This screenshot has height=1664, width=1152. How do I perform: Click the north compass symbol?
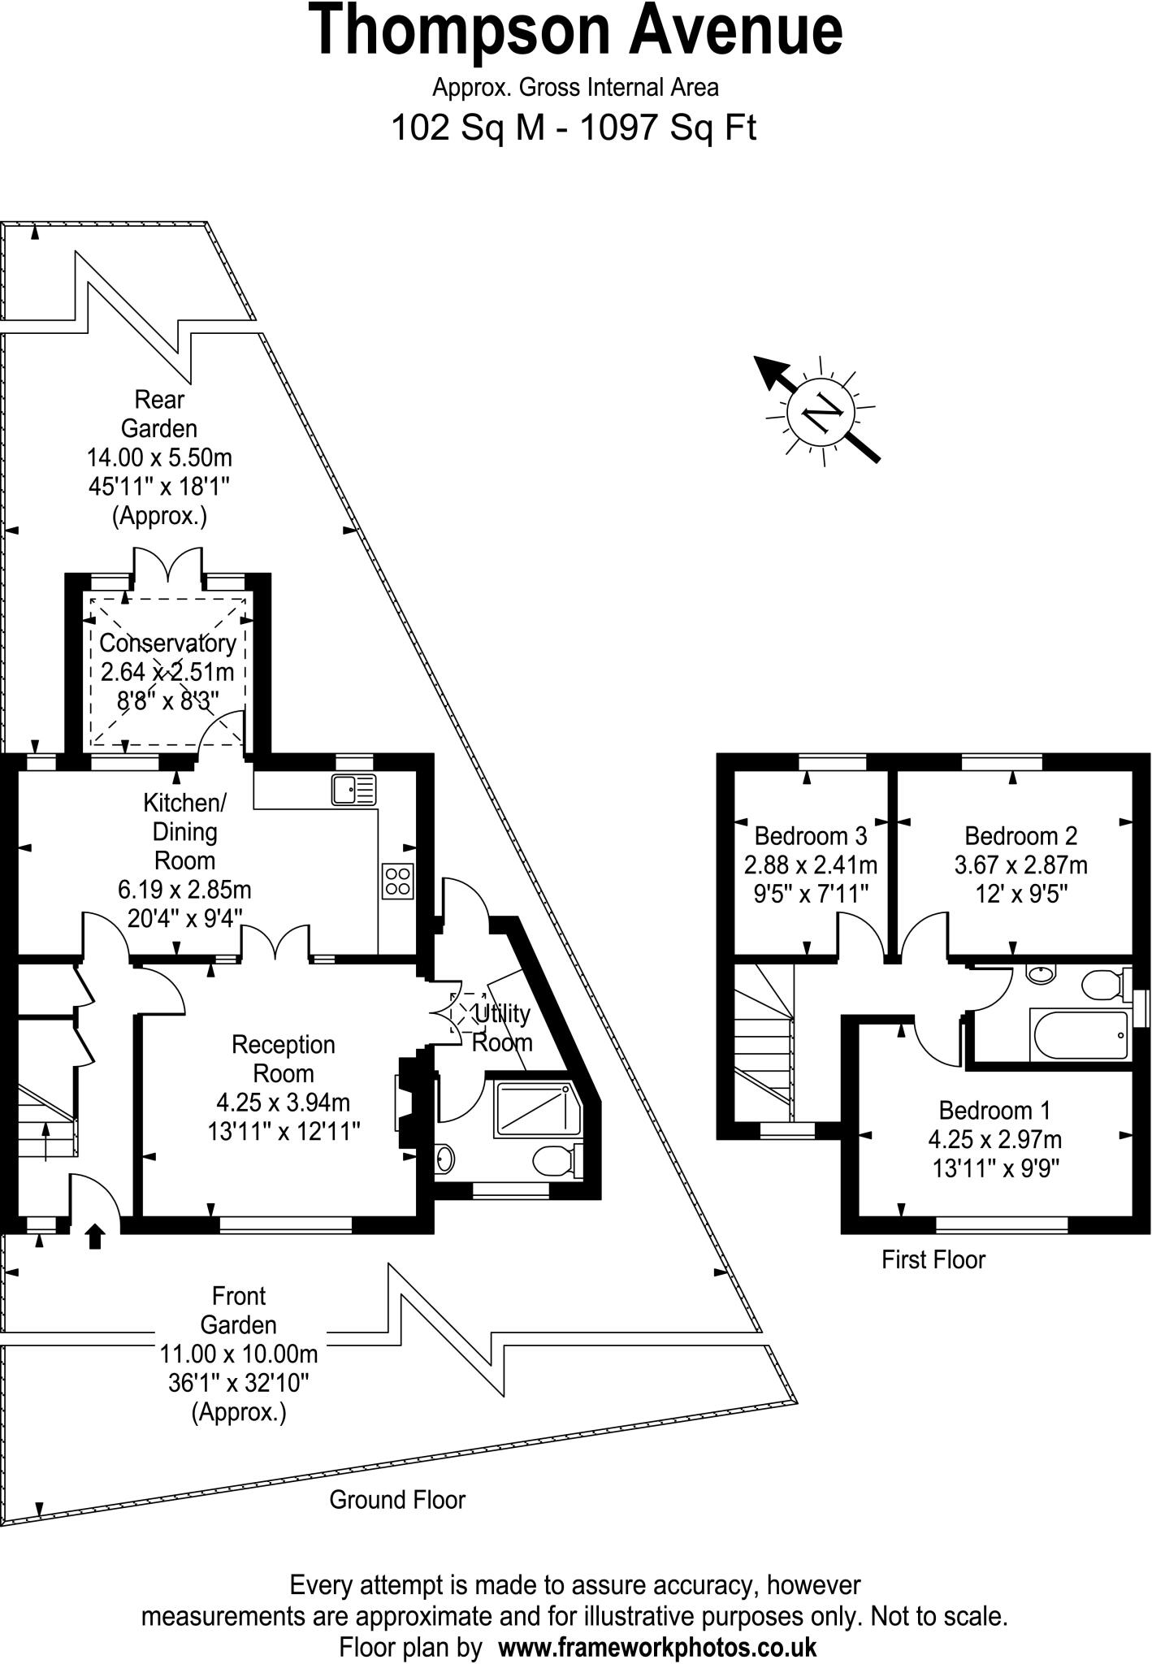(821, 412)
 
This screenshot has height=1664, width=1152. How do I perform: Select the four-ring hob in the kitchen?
(397, 882)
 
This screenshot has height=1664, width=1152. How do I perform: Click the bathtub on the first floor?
(1078, 1035)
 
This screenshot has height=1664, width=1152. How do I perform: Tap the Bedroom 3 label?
(810, 835)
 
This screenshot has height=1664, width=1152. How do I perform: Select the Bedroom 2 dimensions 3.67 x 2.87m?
(1020, 864)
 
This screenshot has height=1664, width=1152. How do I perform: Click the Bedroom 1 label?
(994, 1110)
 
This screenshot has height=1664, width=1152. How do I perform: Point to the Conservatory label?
(167, 643)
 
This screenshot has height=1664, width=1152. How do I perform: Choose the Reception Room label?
(283, 1059)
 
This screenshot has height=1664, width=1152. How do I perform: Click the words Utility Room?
(502, 1028)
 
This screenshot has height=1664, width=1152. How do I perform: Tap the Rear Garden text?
(159, 414)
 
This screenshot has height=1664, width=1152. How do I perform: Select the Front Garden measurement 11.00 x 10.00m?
(239, 1354)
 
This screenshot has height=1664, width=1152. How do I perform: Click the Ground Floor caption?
(396, 1500)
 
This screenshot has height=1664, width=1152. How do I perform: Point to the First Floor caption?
(933, 1259)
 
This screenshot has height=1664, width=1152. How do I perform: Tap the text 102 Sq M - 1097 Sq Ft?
(574, 128)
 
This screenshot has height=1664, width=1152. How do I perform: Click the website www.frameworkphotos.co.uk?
(656, 1647)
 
